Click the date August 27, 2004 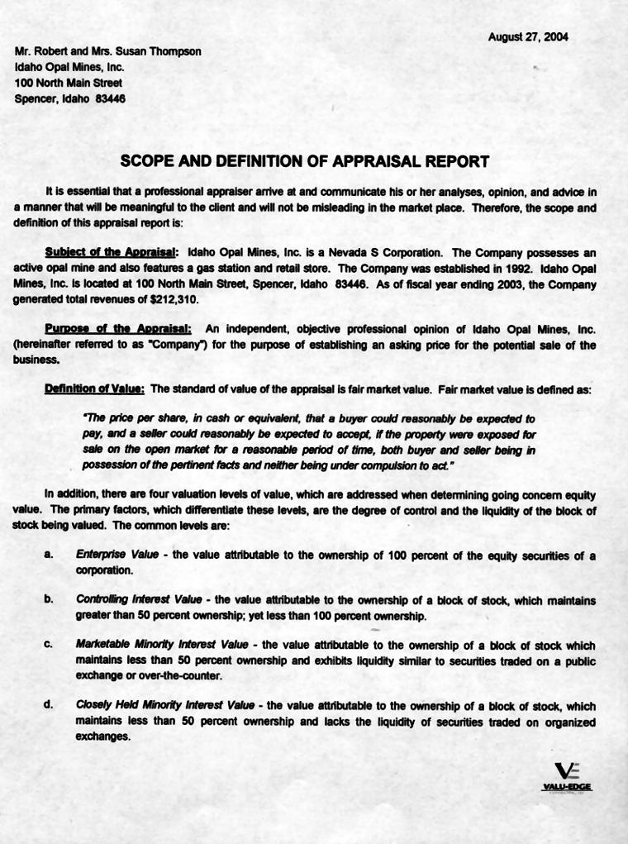[x=528, y=37]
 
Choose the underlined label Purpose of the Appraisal [x=118, y=329]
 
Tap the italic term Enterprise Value [x=112, y=556]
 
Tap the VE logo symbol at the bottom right [x=567, y=770]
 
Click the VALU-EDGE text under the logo [x=567, y=787]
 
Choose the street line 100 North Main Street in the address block [x=69, y=83]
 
